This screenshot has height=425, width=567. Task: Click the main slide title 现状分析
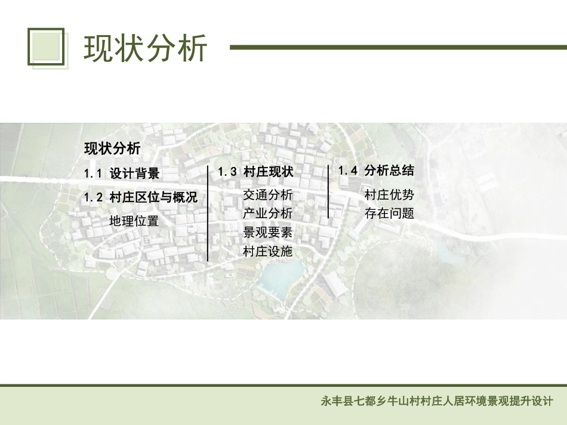[146, 48]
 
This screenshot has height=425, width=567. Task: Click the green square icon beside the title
[46, 46]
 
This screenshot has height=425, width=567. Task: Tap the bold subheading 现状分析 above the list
[112, 148]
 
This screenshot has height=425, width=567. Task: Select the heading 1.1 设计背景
[122, 174]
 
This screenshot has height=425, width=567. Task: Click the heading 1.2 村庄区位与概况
[140, 197]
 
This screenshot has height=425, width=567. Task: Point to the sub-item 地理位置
[134, 221]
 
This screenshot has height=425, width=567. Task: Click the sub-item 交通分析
[268, 195]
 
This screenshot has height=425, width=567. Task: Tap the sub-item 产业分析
[268, 213]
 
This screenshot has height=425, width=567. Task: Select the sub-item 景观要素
[268, 232]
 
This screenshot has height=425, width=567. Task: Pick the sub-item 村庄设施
[268, 251]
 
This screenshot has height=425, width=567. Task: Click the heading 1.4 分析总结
[376, 170]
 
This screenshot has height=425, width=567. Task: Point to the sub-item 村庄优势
[389, 194]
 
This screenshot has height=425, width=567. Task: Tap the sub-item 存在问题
[389, 213]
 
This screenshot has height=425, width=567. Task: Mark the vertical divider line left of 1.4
[328, 191]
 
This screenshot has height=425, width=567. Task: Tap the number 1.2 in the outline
[94, 197]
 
